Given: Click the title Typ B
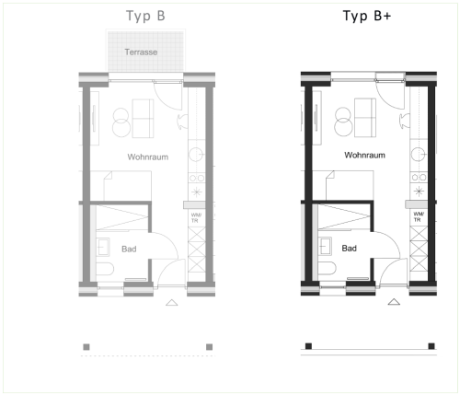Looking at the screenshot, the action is [145, 16].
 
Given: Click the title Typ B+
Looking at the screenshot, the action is [367, 16].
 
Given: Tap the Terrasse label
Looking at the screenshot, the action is [141, 52].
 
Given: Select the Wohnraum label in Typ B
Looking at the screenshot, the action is [148, 157].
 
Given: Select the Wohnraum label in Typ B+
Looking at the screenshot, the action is [364, 155].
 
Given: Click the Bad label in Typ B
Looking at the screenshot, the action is [129, 249].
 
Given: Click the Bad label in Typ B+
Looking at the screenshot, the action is [350, 248].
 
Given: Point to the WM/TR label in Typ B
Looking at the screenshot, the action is [196, 217].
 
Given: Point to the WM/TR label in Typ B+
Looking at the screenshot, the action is [419, 216].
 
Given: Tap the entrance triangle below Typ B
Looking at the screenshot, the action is [172, 303].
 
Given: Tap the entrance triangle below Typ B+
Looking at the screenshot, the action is [394, 302].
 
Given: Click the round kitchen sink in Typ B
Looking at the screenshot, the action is [196, 155].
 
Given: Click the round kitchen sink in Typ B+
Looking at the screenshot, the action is [419, 154].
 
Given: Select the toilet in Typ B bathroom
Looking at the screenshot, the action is [105, 269].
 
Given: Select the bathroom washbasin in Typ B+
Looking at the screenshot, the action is [325, 246].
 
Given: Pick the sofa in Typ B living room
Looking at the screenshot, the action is [143, 119].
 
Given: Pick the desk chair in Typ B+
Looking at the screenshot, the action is [405, 121].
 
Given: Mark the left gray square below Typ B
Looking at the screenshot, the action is [86, 347].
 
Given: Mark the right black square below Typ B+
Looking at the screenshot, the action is [431, 346].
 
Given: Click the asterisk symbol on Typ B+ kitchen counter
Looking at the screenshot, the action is [419, 192].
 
